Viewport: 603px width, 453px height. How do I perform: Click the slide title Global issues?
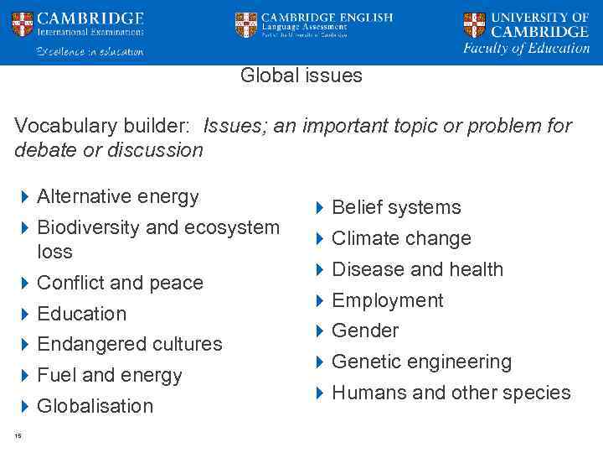(x=301, y=75)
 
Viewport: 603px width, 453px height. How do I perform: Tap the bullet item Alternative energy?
(x=118, y=196)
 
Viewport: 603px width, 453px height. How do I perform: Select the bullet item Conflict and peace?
(x=120, y=283)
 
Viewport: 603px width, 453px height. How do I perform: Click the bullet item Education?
(x=82, y=314)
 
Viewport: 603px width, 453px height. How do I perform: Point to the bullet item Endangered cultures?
(x=130, y=344)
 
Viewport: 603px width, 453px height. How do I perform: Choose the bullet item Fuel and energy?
(x=110, y=375)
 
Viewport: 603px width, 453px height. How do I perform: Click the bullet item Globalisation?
(x=95, y=406)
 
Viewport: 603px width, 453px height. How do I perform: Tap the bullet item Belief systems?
(x=396, y=207)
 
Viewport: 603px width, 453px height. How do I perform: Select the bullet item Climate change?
(x=401, y=238)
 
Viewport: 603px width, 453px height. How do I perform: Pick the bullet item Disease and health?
(x=417, y=269)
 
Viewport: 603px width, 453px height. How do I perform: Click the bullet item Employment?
(x=388, y=300)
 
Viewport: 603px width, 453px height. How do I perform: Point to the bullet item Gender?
(x=365, y=331)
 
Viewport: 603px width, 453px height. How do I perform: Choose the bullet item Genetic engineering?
(x=421, y=362)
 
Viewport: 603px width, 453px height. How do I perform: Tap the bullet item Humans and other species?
(x=451, y=393)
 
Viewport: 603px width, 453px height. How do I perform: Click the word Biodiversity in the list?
(x=89, y=227)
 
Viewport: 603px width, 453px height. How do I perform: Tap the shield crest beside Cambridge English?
(x=246, y=24)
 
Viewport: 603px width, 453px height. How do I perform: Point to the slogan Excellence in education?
(x=90, y=51)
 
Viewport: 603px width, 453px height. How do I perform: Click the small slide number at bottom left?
(x=18, y=435)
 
